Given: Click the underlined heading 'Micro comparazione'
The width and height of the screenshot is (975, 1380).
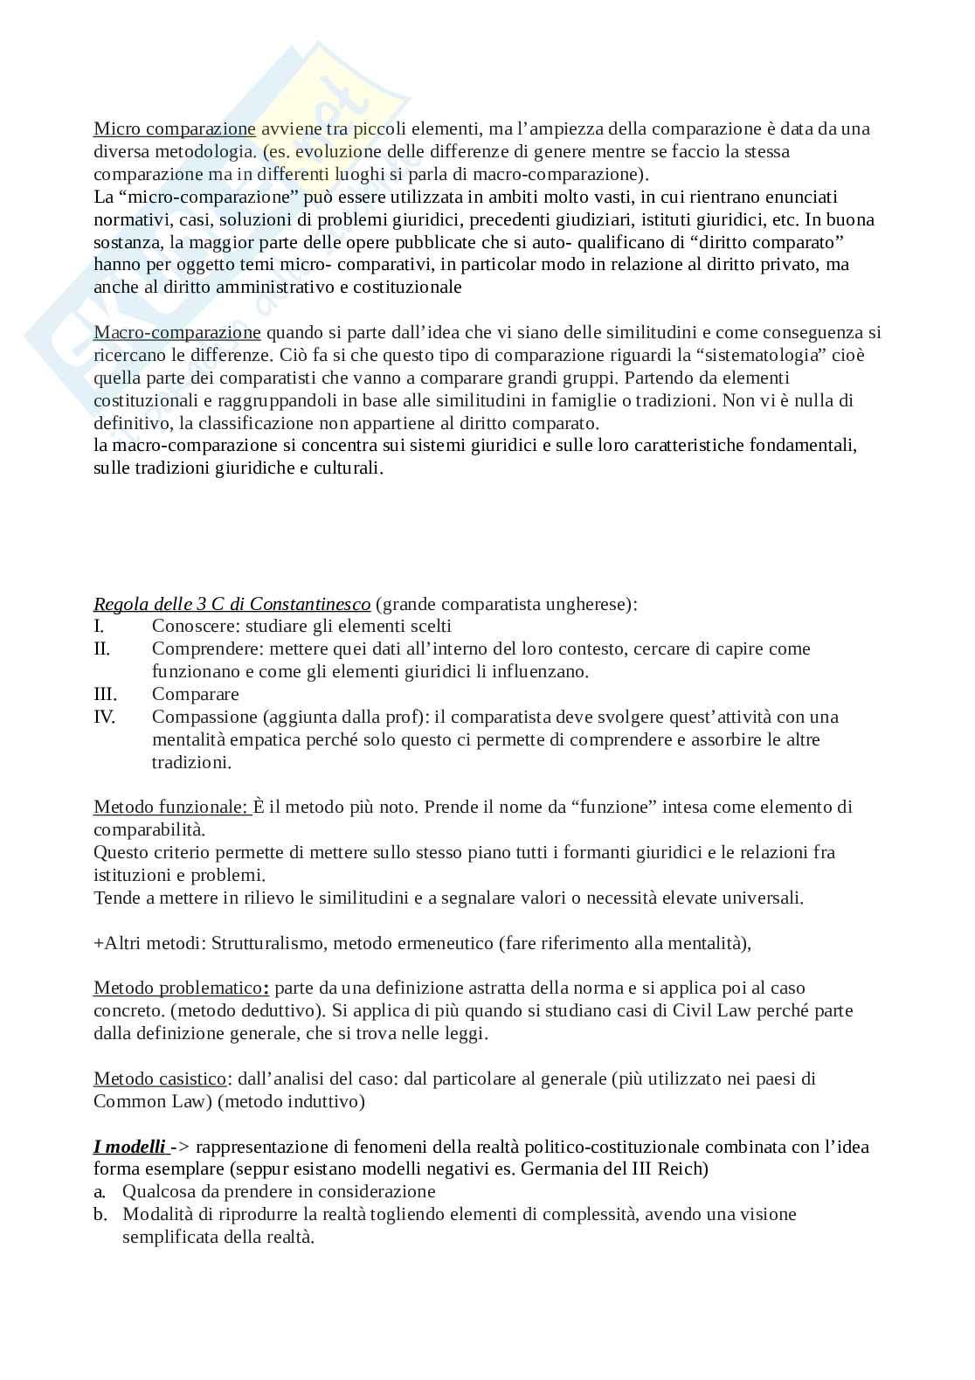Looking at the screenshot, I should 174,129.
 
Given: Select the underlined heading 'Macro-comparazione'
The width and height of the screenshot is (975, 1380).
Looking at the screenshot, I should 176,333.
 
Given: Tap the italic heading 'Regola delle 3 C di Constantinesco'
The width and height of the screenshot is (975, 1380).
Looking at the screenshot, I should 232,604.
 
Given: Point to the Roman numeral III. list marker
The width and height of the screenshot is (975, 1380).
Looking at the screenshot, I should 105,695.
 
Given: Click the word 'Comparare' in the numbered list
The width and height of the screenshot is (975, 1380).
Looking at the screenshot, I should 195,695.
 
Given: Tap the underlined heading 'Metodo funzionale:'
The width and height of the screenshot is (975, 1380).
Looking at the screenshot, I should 172,807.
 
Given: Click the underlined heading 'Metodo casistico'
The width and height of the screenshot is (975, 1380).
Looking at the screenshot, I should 159,1079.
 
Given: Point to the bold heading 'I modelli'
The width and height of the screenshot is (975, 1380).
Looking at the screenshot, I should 128,1148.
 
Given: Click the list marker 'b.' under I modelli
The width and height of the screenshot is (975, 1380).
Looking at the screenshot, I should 100,1215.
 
